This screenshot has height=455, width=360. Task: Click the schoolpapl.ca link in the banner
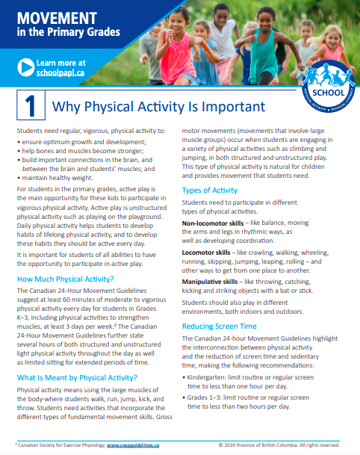(x=60, y=72)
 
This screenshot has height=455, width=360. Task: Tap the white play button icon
(x=26, y=67)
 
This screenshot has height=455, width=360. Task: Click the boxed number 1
(x=31, y=105)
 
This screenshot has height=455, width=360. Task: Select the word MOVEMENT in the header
(x=57, y=18)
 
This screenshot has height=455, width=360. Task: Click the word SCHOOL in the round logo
(x=328, y=93)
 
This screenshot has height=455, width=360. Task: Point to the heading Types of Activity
(x=209, y=191)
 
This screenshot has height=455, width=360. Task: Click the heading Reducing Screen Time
(x=220, y=326)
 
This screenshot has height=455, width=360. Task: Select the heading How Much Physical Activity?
(x=65, y=279)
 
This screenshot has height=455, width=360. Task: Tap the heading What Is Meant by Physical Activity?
(x=77, y=378)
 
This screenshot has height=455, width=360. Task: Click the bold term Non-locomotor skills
(x=213, y=223)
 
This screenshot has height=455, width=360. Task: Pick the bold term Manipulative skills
(x=210, y=282)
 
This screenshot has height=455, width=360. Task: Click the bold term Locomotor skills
(x=206, y=253)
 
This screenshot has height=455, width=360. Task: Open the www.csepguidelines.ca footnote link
(x=133, y=445)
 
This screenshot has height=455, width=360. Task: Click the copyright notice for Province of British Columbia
(x=279, y=445)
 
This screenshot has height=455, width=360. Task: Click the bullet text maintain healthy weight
(x=58, y=178)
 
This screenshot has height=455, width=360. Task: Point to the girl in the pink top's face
(x=177, y=22)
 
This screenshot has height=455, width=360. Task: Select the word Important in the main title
(x=233, y=107)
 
